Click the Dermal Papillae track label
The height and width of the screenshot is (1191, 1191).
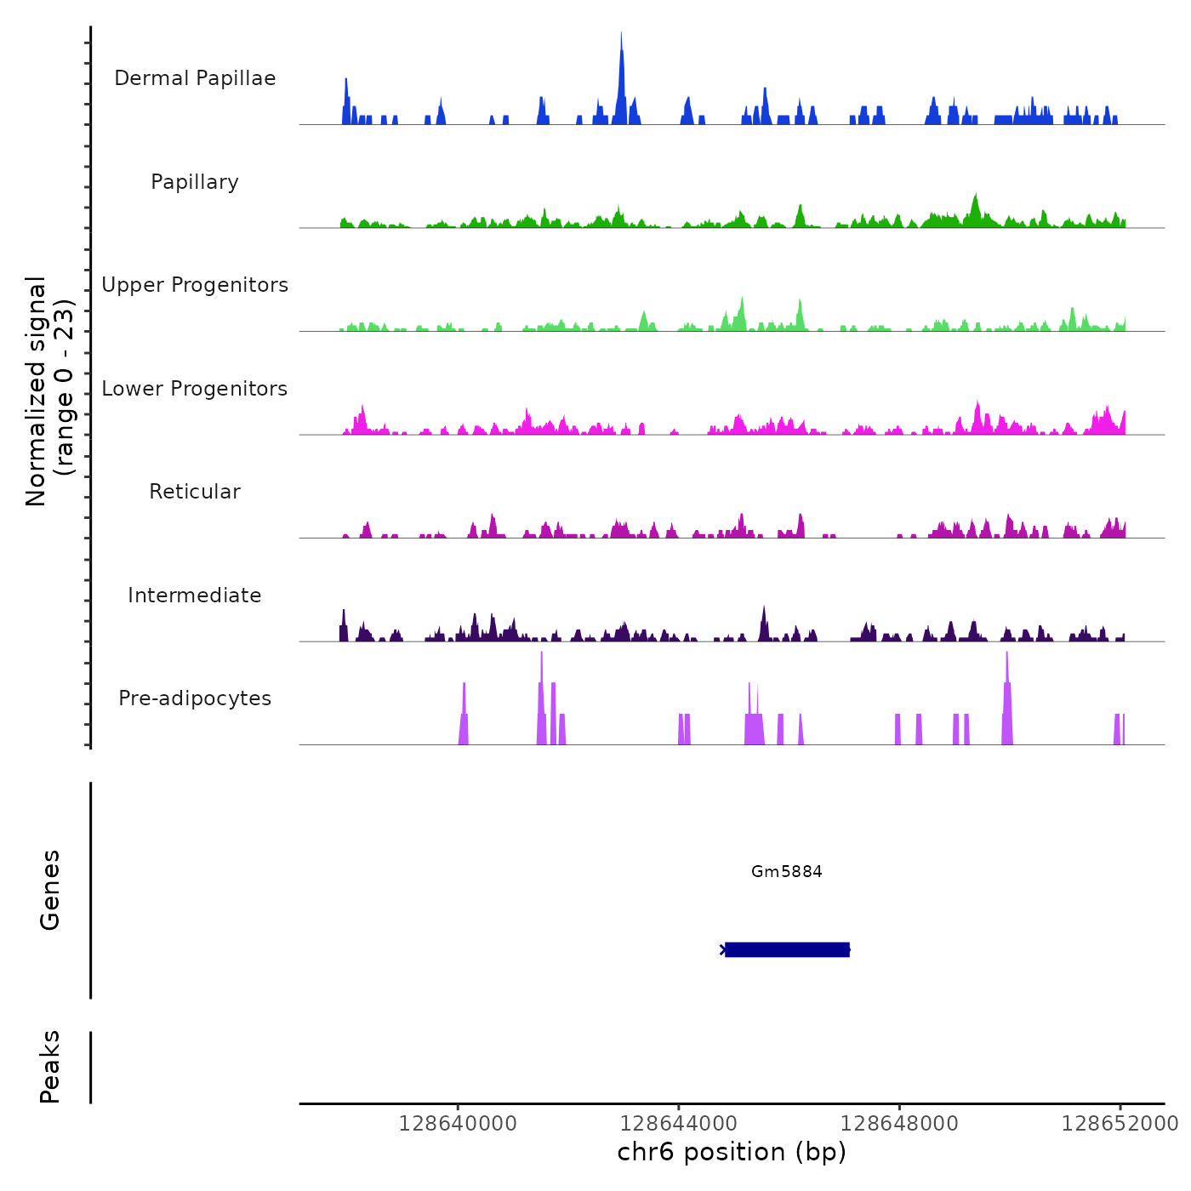[195, 78]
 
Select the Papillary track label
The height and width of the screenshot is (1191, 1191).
[195, 182]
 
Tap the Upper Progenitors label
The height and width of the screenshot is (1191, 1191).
[195, 285]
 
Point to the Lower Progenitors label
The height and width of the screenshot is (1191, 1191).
[195, 389]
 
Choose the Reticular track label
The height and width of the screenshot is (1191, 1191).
[195, 492]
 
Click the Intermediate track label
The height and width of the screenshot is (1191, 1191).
[195, 595]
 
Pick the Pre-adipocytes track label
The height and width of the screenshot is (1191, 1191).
[195, 698]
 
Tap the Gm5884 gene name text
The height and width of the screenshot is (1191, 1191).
[787, 871]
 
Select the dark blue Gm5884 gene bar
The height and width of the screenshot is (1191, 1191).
[787, 949]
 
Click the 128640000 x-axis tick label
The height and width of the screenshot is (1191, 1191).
[458, 1124]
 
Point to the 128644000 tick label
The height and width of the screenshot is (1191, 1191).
[679, 1124]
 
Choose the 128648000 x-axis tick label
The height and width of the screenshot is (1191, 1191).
[899, 1124]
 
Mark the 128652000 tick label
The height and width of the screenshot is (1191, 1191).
[1120, 1124]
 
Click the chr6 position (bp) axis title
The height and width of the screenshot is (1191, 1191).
[732, 1152]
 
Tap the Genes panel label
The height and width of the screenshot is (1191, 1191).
[50, 890]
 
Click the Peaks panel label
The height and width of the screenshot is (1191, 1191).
[50, 1067]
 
